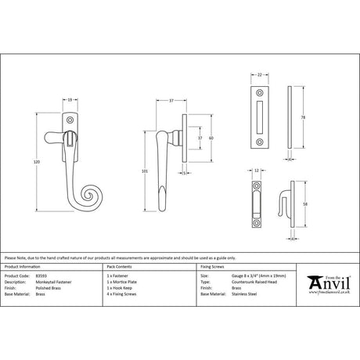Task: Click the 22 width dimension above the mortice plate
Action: pos(259,74)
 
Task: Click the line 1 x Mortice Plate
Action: pos(121,282)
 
